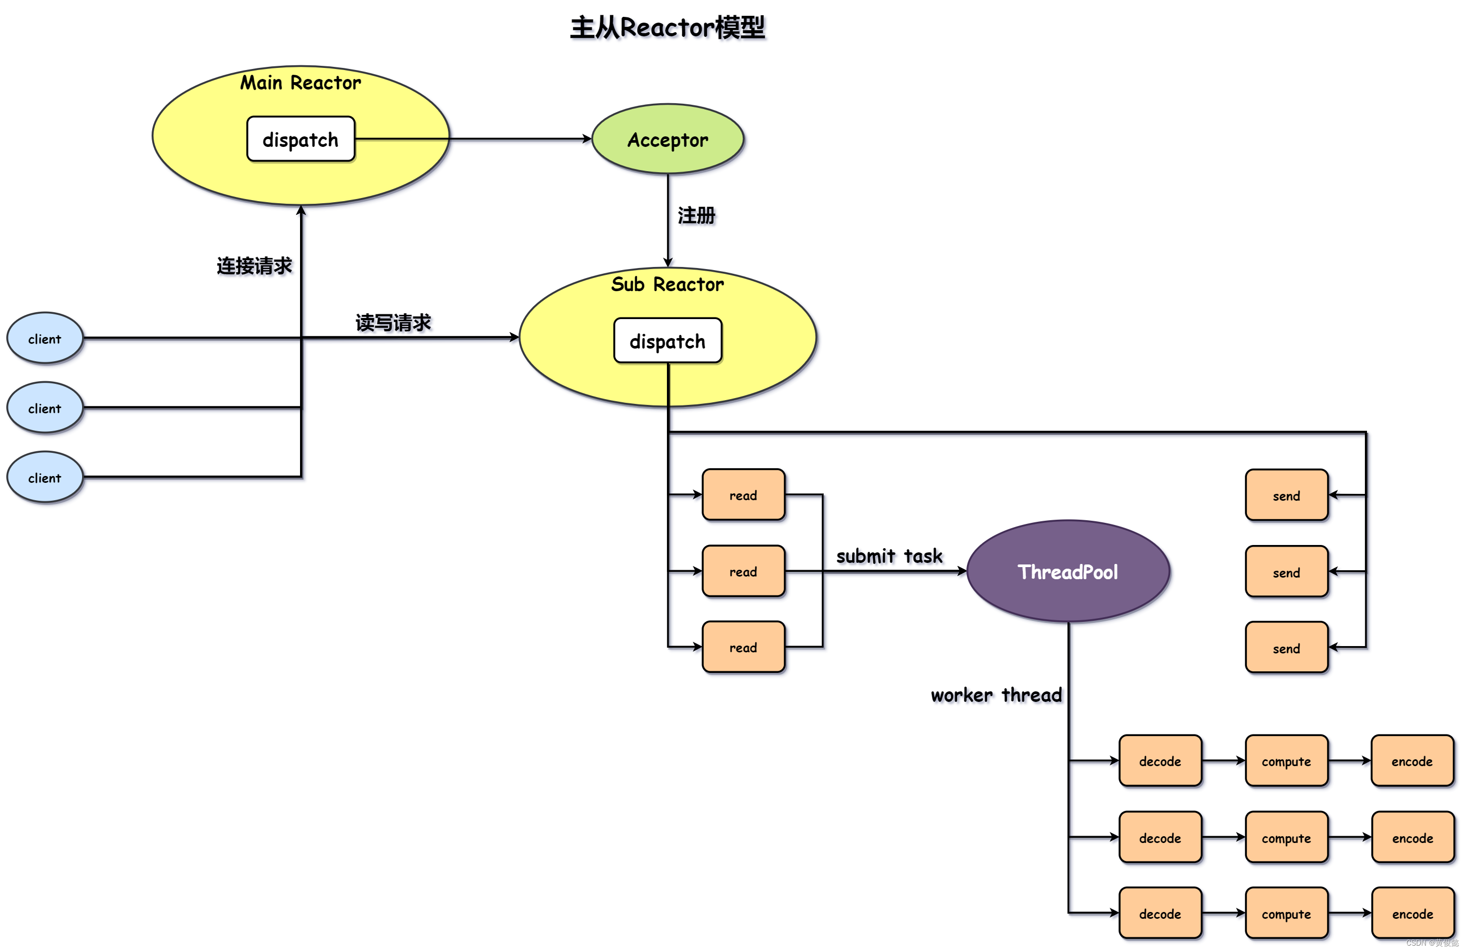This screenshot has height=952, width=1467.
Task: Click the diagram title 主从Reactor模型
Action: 667,28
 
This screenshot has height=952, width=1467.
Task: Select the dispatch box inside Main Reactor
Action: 300,140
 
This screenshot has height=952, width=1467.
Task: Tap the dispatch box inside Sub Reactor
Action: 667,341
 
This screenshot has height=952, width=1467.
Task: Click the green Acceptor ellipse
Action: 667,140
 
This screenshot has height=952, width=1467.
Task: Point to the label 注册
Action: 696,215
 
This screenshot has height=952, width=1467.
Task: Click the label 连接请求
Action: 254,266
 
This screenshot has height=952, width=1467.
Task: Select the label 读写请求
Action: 393,322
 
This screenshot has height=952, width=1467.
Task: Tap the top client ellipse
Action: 44,339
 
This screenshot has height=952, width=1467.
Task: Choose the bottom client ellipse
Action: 44,478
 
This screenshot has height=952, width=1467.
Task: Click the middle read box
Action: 743,572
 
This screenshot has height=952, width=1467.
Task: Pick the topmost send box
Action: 1286,495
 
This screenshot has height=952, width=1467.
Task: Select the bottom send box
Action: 1286,648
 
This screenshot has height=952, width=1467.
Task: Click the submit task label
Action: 889,556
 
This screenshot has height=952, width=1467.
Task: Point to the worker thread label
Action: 995,695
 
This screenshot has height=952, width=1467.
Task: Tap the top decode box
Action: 1160,761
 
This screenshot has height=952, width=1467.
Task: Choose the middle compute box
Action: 1286,838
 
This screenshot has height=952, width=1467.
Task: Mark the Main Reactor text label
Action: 300,83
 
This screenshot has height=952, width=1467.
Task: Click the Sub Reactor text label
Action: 667,284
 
